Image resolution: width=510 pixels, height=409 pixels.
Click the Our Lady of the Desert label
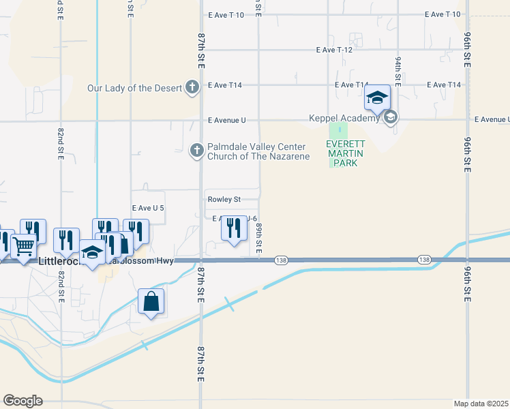(x=134, y=88)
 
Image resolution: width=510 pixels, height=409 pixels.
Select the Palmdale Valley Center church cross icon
(x=196, y=151)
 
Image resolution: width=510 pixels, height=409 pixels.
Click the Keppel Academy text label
(x=343, y=119)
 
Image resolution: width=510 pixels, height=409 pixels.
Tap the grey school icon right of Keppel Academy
(x=391, y=118)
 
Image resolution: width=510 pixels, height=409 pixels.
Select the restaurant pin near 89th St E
(x=235, y=228)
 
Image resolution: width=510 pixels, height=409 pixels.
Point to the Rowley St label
(x=224, y=200)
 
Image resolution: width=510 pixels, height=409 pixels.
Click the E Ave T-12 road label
(x=335, y=50)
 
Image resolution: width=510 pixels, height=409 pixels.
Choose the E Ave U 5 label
(x=148, y=208)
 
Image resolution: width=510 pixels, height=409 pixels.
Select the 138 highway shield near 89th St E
(x=281, y=260)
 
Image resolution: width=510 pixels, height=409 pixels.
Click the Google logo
(x=22, y=401)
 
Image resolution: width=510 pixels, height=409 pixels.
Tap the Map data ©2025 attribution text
(x=481, y=404)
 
